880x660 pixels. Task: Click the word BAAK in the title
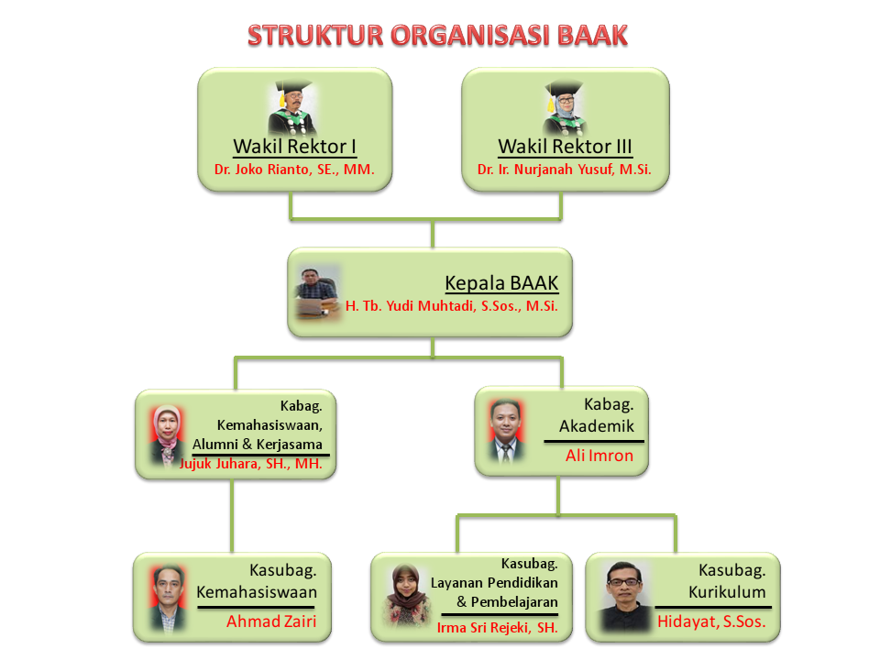tap(592, 36)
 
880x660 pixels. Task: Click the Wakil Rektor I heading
tap(294, 147)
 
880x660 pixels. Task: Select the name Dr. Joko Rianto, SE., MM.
tap(294, 170)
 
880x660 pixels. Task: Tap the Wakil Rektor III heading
tap(566, 147)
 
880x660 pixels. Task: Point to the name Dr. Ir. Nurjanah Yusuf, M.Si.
tap(565, 170)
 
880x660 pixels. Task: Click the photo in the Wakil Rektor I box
tap(291, 107)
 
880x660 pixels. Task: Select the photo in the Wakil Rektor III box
tap(565, 107)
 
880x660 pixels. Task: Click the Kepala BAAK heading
tap(501, 283)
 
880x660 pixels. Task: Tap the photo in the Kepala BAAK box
tap(318, 292)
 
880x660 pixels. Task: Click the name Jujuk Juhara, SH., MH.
tap(251, 464)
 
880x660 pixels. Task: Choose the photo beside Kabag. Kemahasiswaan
tap(167, 435)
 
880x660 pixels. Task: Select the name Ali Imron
tap(599, 456)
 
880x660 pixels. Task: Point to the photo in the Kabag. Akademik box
tap(506, 431)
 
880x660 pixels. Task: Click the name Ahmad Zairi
tap(271, 621)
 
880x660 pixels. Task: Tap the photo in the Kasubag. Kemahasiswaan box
tap(168, 599)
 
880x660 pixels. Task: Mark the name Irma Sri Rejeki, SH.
tap(498, 628)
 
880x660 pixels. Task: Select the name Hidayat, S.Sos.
tap(711, 621)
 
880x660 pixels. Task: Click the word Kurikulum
tap(727, 593)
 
